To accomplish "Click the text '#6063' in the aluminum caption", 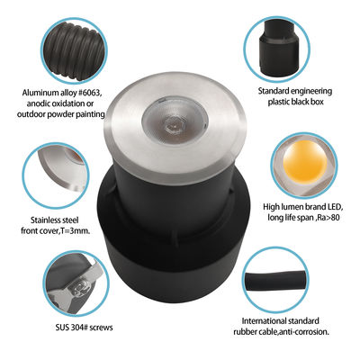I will coord(91,94).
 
